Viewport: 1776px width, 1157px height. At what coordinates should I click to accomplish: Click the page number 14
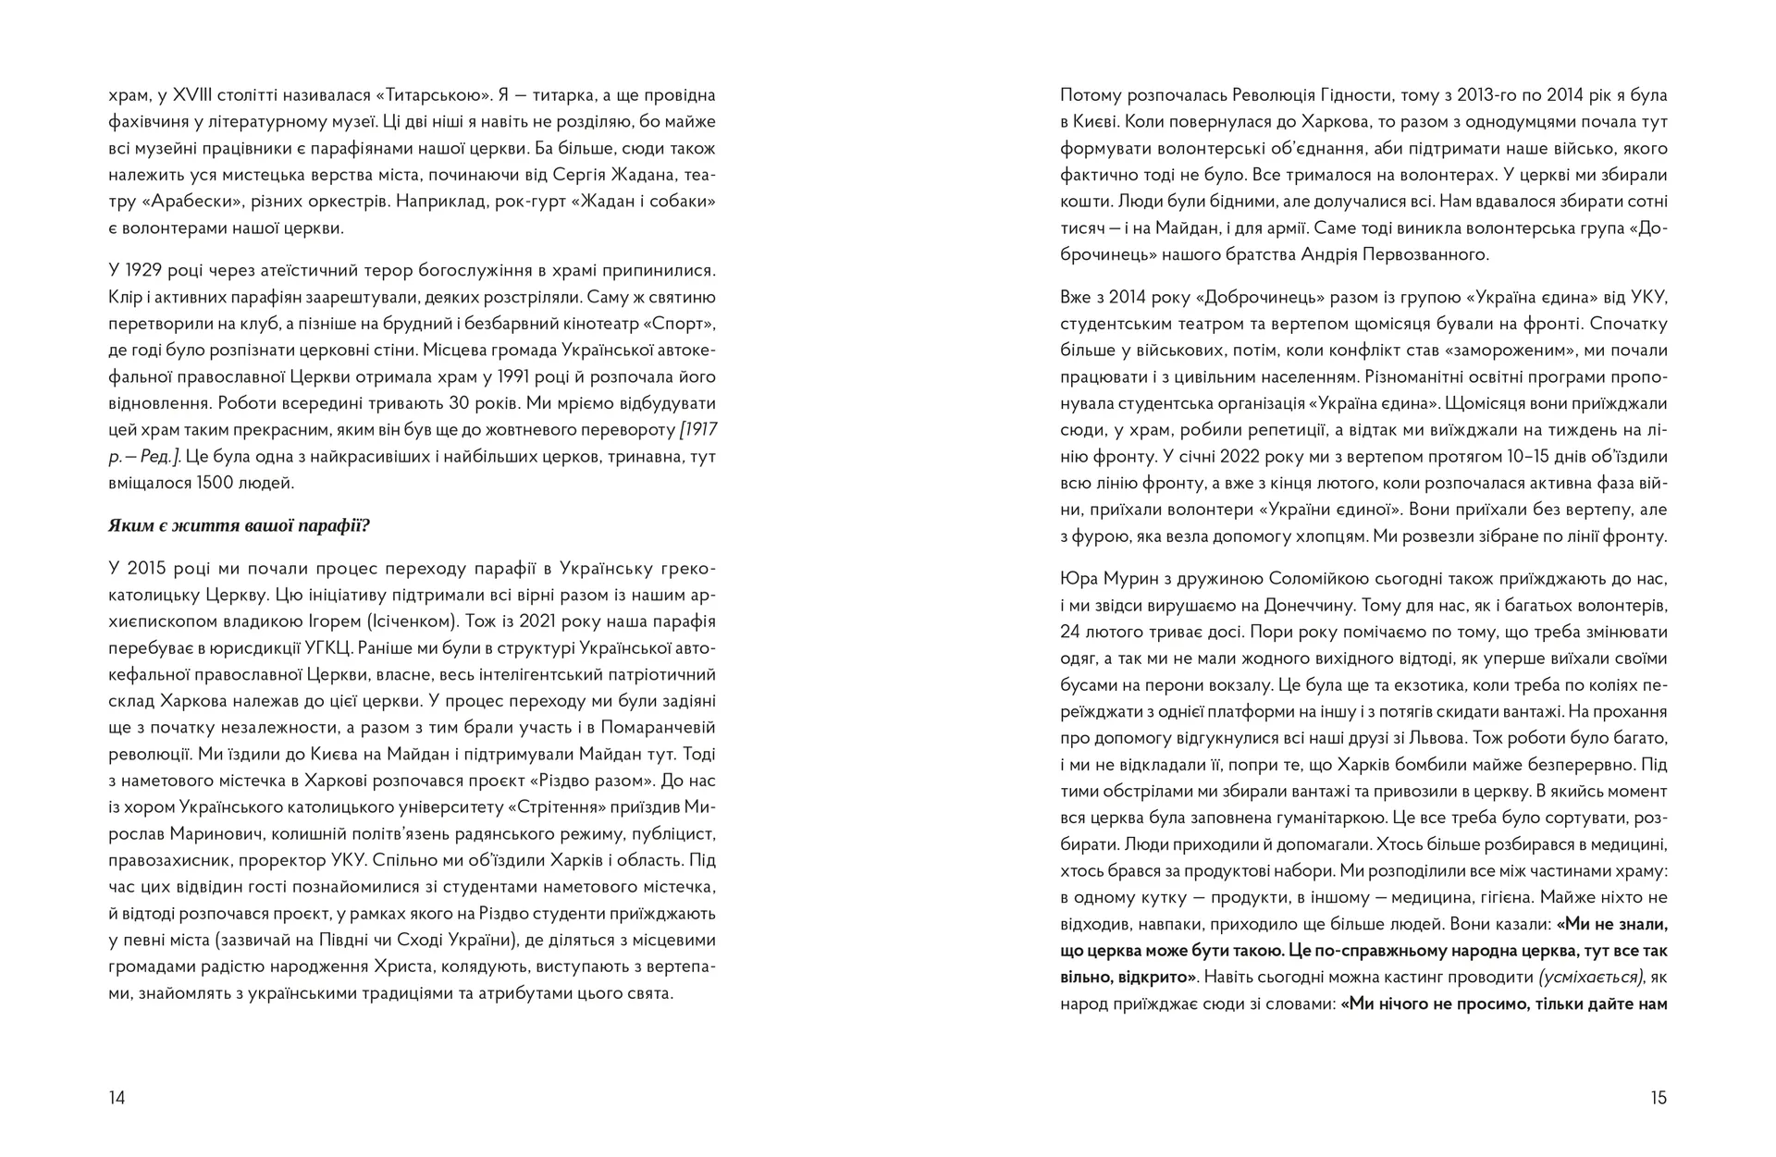pyautogui.click(x=117, y=1098)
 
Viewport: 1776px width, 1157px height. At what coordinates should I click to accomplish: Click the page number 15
pyautogui.click(x=1658, y=1098)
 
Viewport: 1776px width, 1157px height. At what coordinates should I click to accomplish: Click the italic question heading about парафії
pyautogui.click(x=239, y=526)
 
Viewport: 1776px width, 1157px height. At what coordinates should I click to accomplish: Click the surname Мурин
pyautogui.click(x=1128, y=579)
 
